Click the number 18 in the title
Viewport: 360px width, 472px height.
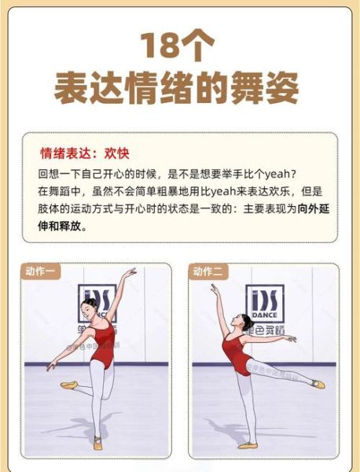click(162, 47)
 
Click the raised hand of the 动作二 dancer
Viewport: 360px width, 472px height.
click(214, 289)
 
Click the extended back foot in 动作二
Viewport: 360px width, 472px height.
click(318, 384)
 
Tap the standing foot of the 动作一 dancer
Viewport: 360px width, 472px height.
click(97, 443)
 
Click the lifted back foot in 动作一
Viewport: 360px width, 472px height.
click(68, 385)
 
